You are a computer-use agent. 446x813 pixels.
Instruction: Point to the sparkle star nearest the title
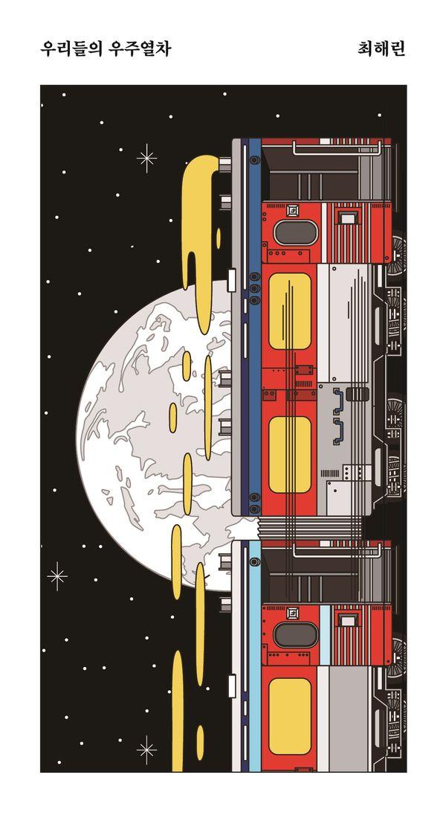click(x=146, y=158)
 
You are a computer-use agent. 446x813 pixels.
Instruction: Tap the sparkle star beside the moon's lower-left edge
click(x=56, y=576)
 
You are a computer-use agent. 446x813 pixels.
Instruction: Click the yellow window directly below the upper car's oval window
click(x=289, y=313)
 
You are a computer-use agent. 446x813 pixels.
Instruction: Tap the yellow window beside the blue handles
click(x=289, y=454)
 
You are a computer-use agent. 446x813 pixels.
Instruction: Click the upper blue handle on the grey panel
click(x=339, y=400)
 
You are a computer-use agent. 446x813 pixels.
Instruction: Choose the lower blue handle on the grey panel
click(x=339, y=431)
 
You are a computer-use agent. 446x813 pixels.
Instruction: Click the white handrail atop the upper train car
click(x=338, y=148)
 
